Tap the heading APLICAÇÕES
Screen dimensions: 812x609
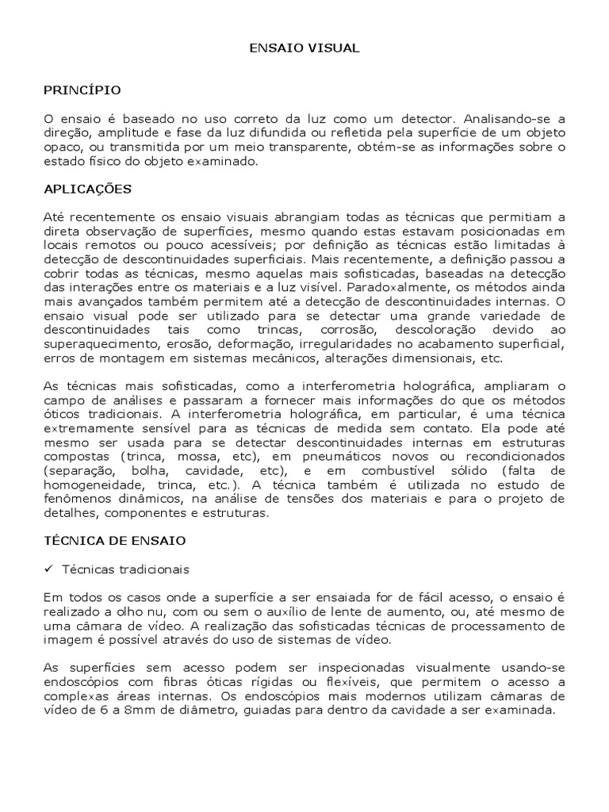click(x=87, y=190)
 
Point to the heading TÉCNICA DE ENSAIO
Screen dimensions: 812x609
click(x=114, y=540)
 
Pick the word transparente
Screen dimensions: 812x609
click(x=291, y=147)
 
